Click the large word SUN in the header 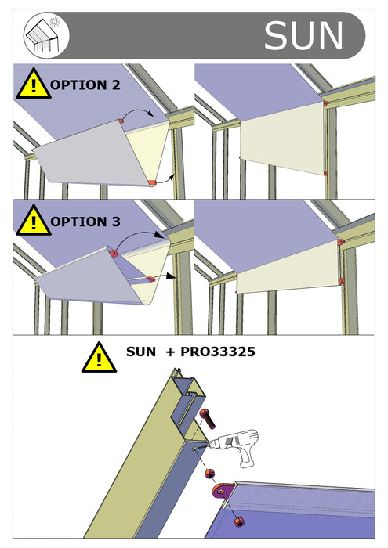click(x=303, y=35)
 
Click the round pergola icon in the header click(x=47, y=35)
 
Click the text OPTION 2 click(x=85, y=85)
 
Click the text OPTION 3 click(x=85, y=222)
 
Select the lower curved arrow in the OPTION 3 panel click(x=162, y=276)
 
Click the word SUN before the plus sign click(x=141, y=353)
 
